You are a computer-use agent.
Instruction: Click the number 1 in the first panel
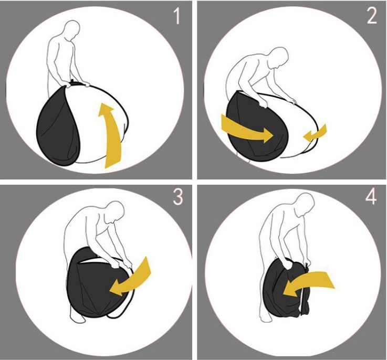click(176, 16)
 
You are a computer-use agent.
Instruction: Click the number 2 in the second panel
click(372, 16)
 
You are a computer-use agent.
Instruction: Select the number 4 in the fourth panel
click(371, 197)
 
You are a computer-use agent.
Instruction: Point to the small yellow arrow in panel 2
click(316, 133)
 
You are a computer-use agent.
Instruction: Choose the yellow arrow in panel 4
click(309, 281)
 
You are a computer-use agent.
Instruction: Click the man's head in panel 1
click(72, 29)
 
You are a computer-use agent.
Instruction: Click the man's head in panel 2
click(279, 57)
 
